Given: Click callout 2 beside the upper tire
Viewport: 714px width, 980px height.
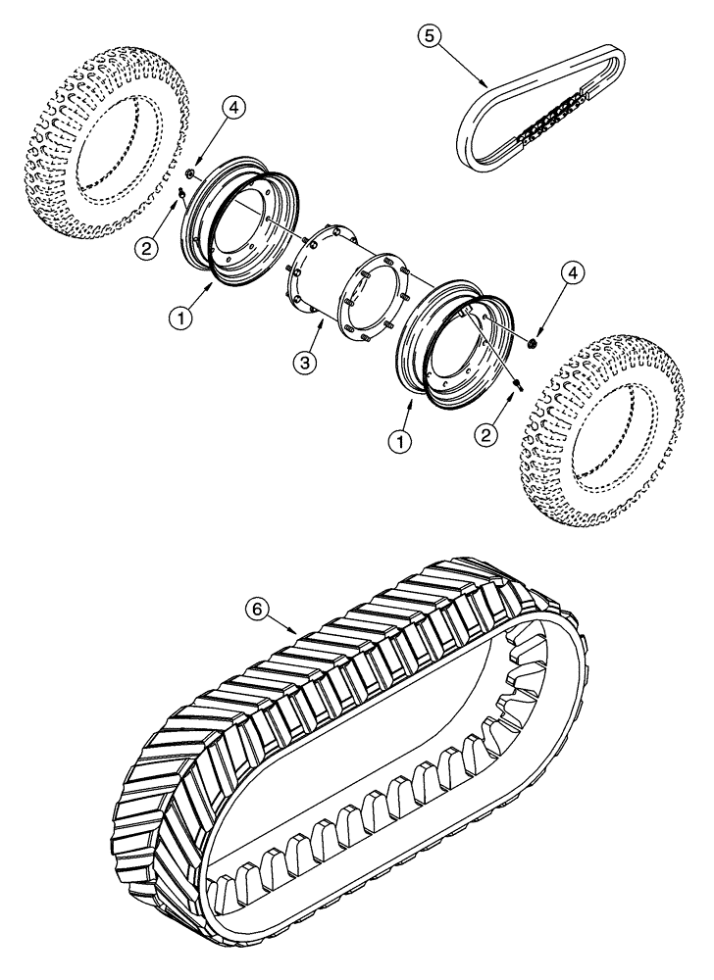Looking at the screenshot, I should [x=147, y=249].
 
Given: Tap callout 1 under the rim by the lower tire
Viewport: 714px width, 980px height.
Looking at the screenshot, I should [x=398, y=440].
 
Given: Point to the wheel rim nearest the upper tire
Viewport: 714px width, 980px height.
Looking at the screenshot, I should [x=235, y=230].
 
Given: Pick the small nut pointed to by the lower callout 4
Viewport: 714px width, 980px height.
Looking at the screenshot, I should [x=531, y=342].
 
